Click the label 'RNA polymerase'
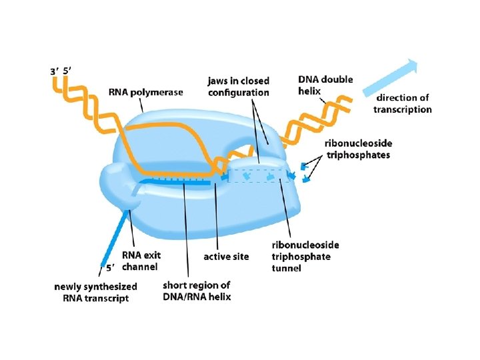[145, 93]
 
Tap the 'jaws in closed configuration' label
[239, 87]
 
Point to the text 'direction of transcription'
[402, 103]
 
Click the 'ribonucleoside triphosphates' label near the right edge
[358, 149]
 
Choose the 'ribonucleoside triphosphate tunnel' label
[301, 256]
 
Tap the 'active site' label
[226, 257]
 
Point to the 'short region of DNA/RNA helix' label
[197, 291]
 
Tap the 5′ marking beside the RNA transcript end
[111, 268]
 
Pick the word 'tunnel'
[287, 268]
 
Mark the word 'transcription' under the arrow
[402, 109]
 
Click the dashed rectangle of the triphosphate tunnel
[260, 175]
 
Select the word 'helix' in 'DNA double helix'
[309, 91]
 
